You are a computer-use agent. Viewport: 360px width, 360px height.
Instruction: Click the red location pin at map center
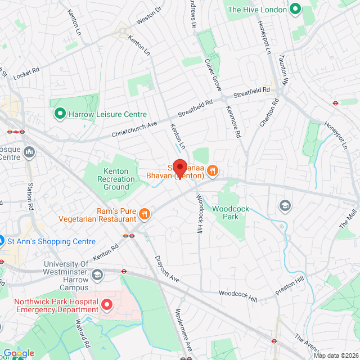point(179,168)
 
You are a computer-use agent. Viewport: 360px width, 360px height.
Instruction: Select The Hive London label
point(258,10)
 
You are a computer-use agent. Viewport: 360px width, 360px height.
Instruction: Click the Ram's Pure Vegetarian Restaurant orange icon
point(145,213)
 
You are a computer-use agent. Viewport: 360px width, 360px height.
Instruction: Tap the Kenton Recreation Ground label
point(119,179)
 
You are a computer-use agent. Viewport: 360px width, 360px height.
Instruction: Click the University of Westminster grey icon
point(98,274)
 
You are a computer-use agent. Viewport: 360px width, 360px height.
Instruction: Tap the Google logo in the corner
point(19,353)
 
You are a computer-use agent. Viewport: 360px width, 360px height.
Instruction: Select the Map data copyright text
point(336,355)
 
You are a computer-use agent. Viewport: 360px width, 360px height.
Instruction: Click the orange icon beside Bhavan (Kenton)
point(212,170)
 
